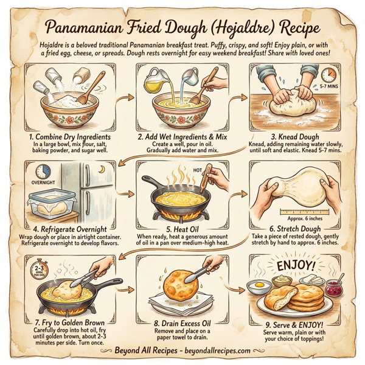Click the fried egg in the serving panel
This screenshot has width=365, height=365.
coord(260,283)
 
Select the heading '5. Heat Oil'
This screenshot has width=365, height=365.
coord(182,229)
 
